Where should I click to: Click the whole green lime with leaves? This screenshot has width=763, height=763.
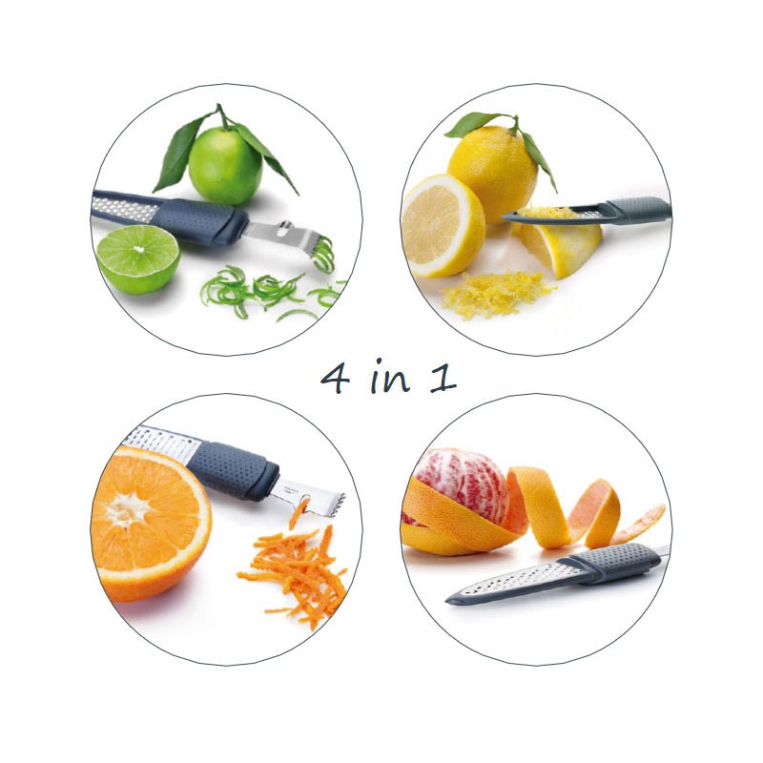coord(225,165)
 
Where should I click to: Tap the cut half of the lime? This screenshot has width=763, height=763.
coord(138,259)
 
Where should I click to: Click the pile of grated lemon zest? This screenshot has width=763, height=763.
coord(495,295)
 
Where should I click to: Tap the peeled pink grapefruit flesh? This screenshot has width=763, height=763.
coord(463,485)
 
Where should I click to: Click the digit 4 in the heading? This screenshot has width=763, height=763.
coord(336,380)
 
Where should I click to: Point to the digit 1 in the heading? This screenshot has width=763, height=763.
coord(443,378)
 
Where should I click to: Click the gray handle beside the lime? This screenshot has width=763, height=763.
coord(199,221)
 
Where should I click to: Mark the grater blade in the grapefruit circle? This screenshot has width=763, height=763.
coord(516,582)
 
